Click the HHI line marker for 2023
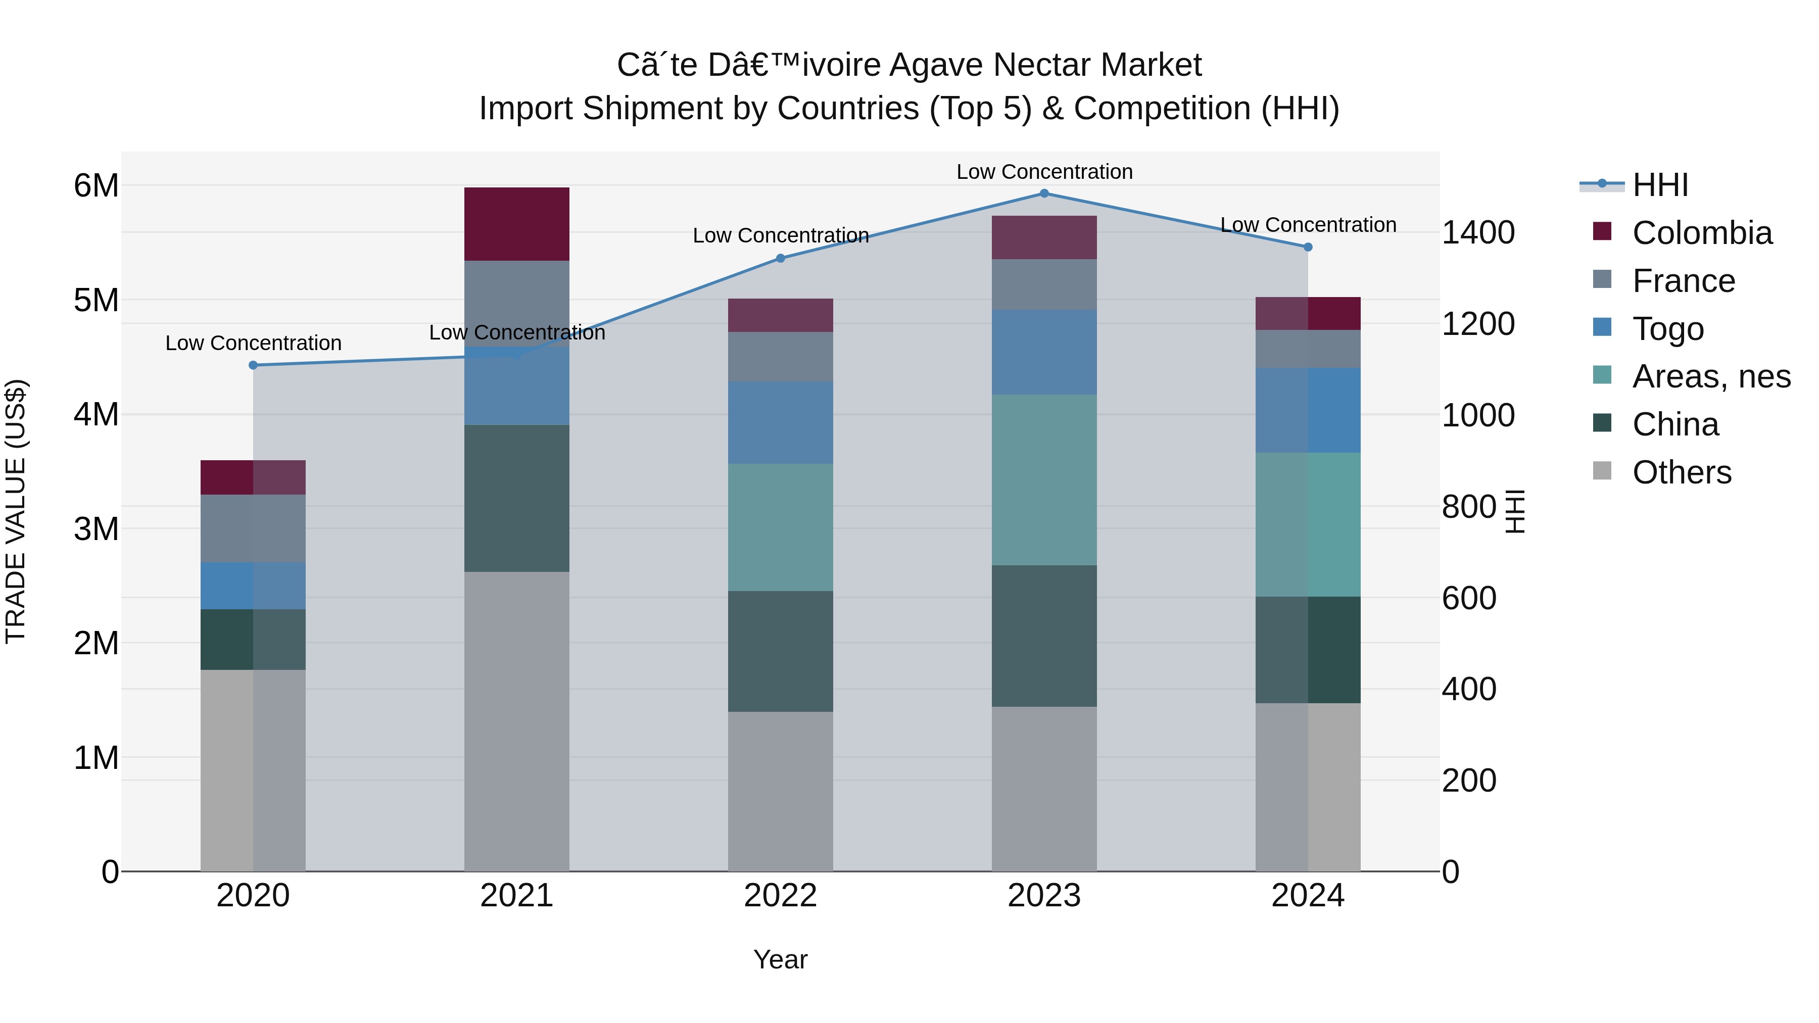coord(1044,193)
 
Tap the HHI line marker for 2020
coord(254,365)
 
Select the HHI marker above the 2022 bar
coord(780,258)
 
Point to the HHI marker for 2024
coord(1308,247)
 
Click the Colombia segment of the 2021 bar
coord(517,224)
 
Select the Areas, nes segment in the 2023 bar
coord(1044,480)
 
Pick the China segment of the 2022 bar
coord(780,652)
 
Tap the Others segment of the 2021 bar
coord(517,721)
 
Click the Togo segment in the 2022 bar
coord(780,423)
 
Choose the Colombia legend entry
coord(1682,233)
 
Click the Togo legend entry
coord(1648,329)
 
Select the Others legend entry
coord(1662,472)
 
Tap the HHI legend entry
coord(1634,185)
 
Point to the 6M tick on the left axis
coord(96,186)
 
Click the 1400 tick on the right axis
coord(1478,232)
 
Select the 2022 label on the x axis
coord(780,896)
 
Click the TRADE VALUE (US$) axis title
coord(16,511)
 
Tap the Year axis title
coord(780,959)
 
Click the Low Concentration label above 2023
coord(1044,172)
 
